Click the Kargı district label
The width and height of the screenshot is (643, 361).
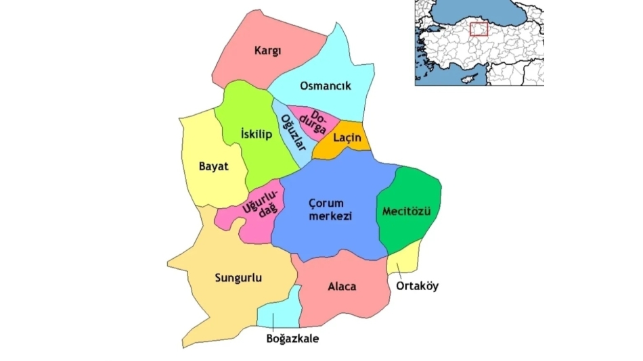point(268,50)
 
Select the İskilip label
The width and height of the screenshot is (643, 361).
point(257,135)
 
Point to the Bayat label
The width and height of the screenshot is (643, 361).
point(213,166)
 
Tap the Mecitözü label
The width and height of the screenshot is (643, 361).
point(407,212)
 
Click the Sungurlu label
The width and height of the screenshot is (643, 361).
point(238,278)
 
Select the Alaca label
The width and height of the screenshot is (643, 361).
point(342,287)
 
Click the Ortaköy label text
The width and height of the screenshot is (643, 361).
point(416,286)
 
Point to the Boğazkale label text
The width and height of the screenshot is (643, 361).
point(292,338)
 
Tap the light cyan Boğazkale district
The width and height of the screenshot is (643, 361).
point(281,311)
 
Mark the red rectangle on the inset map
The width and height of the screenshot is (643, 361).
point(479,29)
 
